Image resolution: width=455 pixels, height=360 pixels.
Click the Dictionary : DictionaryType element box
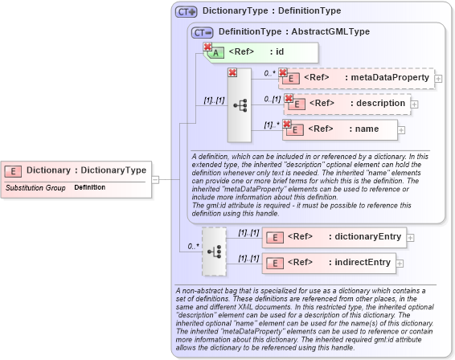pos(76,170)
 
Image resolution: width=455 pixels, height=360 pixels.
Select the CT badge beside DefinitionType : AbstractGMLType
pos(203,32)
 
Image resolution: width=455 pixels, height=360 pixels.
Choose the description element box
pos(346,104)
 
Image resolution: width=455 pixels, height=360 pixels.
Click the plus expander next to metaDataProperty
pos(438,79)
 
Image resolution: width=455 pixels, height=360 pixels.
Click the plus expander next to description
pos(414,104)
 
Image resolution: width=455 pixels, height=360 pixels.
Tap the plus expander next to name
pos(402,129)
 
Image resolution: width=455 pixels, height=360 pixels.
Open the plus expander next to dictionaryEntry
pos(410,237)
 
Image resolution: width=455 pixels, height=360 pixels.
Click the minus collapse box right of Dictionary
pos(155,179)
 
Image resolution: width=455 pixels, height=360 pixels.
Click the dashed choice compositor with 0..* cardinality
pos(215,250)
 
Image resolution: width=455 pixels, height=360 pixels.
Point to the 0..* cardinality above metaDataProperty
pos(269,73)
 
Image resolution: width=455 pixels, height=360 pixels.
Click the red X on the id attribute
pos(207,47)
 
